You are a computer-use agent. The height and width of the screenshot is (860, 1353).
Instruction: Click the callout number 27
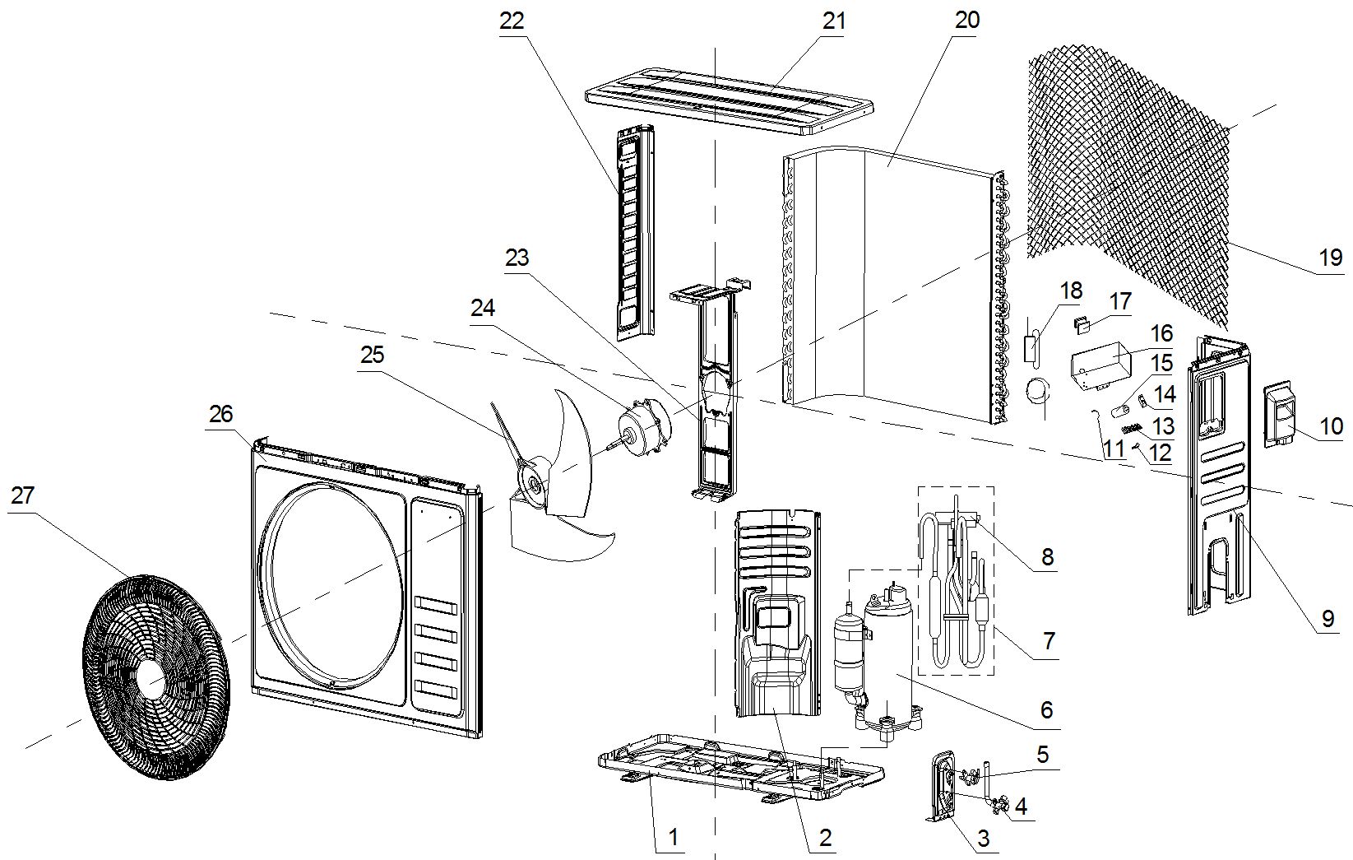pyautogui.click(x=22, y=495)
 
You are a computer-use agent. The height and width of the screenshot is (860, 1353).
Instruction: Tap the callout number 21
pyautogui.click(x=833, y=21)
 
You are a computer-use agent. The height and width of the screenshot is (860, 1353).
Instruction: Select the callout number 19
pyautogui.click(x=1330, y=258)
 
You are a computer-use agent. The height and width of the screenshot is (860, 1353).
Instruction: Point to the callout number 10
pyautogui.click(x=1331, y=425)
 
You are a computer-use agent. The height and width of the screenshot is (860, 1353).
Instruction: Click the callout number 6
pyautogui.click(x=1046, y=709)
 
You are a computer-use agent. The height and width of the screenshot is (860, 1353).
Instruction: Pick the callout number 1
pyautogui.click(x=673, y=838)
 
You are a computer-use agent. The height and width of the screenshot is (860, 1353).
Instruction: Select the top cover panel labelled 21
pyautogui.click(x=729, y=106)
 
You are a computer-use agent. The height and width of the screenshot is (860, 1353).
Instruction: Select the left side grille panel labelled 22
pyautogui.click(x=634, y=230)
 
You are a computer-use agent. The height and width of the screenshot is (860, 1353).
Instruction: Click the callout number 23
pyautogui.click(x=517, y=258)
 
